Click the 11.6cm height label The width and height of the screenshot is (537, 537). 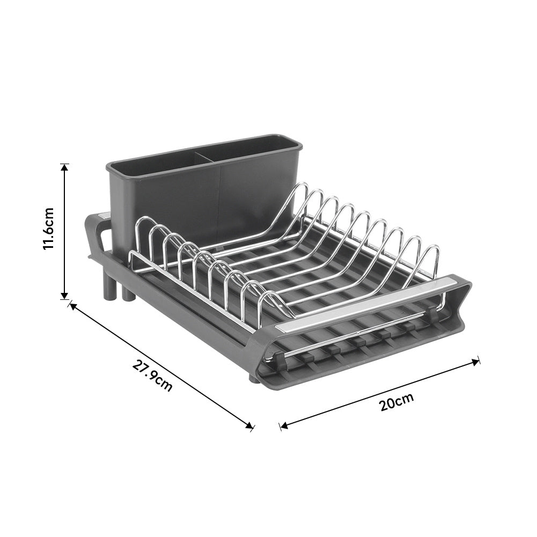[49, 229]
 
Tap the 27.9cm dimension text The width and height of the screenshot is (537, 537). [152, 376]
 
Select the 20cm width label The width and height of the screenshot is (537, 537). [396, 402]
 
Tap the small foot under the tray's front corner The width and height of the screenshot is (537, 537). [253, 379]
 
